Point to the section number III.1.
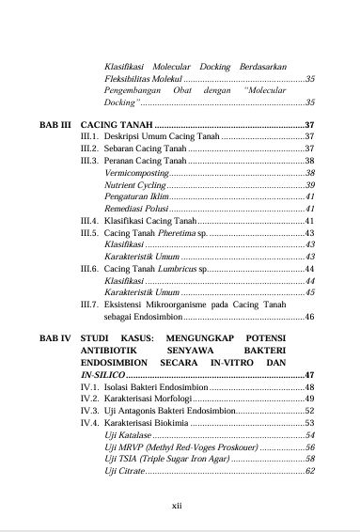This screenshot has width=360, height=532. click(90, 136)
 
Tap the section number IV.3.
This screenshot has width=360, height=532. click(90, 410)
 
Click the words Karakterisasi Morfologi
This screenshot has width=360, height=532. click(149, 398)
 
